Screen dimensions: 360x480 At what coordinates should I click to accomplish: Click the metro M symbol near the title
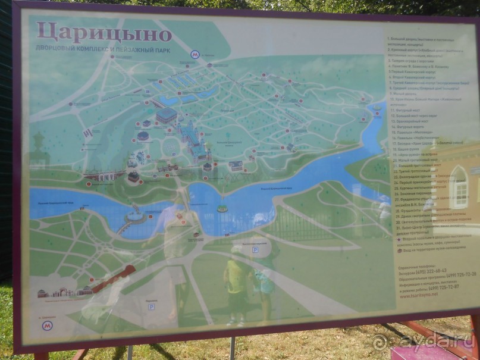pyautogui.click(x=194, y=54)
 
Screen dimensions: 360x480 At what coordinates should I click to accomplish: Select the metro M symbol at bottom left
pyautogui.click(x=48, y=325)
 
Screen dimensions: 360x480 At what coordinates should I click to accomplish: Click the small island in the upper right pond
pyautogui.click(x=375, y=111)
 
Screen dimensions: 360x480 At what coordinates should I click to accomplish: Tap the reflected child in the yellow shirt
pyautogui.click(x=237, y=280)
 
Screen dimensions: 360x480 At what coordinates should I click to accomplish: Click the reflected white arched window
pyautogui.click(x=459, y=186)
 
